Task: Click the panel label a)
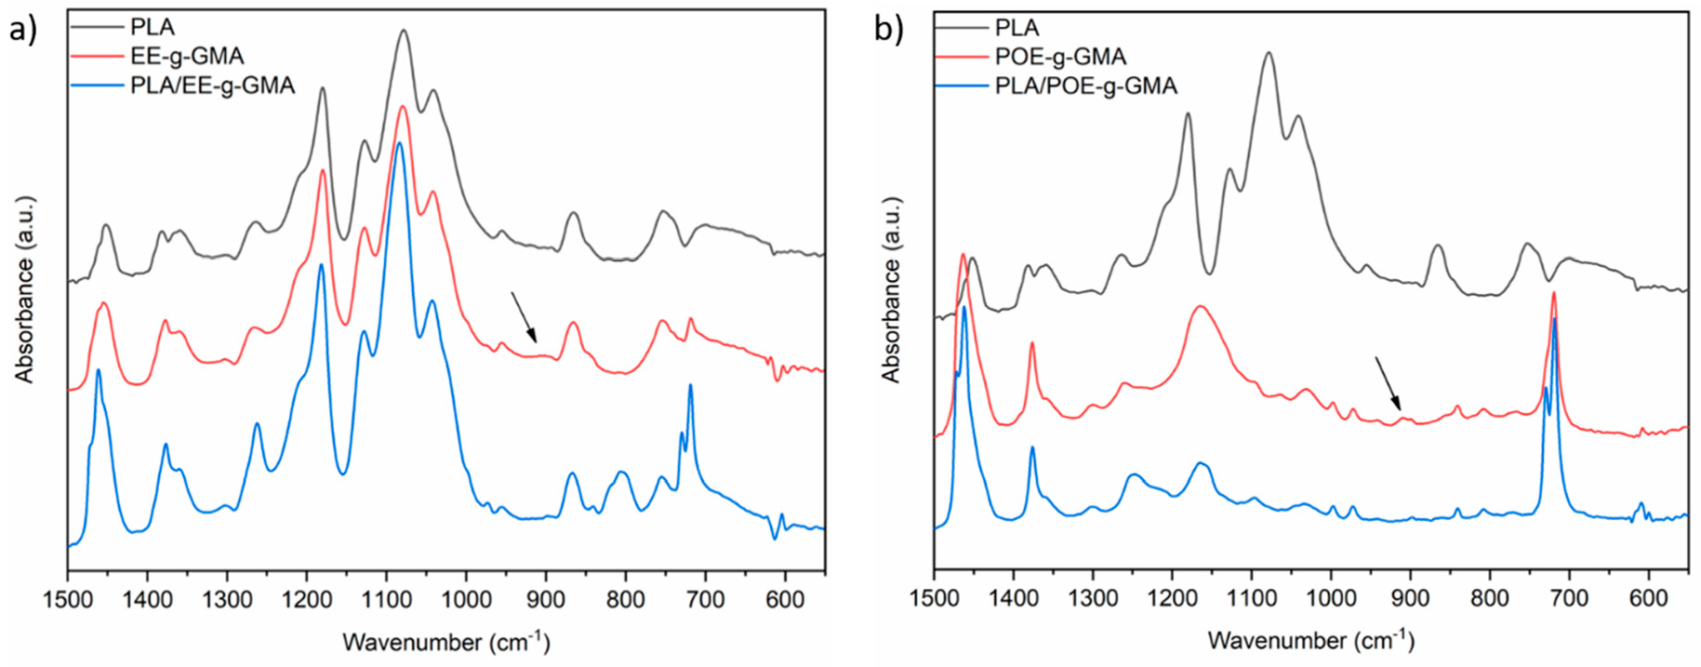(x=22, y=30)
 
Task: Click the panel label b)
(x=888, y=30)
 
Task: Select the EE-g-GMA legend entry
(x=186, y=57)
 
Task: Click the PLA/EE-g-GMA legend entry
(x=212, y=86)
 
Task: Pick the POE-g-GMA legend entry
(x=1060, y=57)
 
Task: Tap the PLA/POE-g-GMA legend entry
(x=1085, y=86)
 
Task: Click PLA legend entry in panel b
(x=1017, y=28)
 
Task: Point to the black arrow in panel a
(x=524, y=317)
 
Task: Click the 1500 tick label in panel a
(x=68, y=599)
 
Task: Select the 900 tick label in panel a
(x=545, y=599)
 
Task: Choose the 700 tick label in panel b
(x=1570, y=599)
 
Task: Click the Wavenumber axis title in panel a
(x=445, y=641)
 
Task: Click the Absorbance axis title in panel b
(x=891, y=290)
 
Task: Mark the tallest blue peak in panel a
(x=399, y=143)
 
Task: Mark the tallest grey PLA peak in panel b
(x=1268, y=53)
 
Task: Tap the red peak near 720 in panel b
(x=1554, y=293)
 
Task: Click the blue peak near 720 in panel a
(x=690, y=385)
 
